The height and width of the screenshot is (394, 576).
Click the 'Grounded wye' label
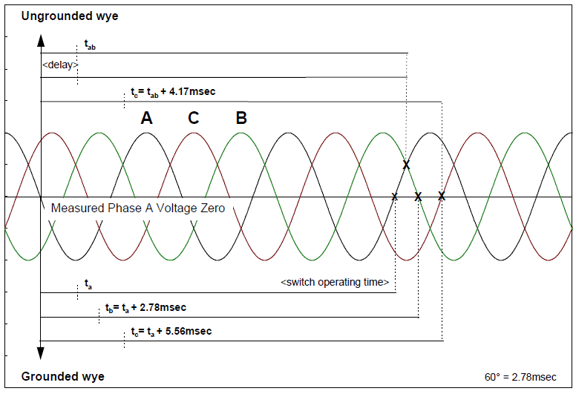point(62,376)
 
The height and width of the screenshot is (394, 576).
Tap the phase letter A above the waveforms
point(146,118)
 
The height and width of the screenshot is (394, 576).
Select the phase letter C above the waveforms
point(193,118)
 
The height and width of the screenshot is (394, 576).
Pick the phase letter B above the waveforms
point(240,118)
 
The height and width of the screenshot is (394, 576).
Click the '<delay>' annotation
point(60,65)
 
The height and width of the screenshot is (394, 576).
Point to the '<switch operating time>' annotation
point(335,282)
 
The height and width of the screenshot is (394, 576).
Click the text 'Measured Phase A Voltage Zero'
point(137,208)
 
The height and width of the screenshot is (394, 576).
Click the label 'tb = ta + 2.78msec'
point(145,307)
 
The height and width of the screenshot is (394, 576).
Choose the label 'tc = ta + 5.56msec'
point(167,331)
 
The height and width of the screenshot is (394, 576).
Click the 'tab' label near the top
point(90,46)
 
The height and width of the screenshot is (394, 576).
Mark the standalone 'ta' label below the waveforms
point(88,284)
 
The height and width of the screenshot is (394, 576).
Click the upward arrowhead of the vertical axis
point(41,41)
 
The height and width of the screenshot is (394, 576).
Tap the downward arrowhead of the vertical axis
point(41,353)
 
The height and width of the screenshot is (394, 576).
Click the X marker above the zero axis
point(406,165)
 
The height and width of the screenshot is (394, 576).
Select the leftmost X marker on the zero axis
point(394,197)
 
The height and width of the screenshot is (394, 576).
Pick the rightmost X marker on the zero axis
point(442,196)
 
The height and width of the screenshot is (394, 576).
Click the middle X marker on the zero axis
point(418,197)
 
